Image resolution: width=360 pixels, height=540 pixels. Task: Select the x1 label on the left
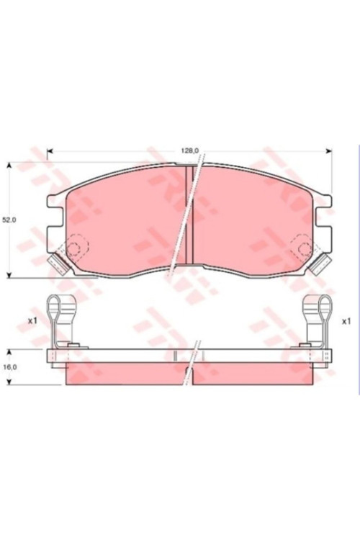(32, 320)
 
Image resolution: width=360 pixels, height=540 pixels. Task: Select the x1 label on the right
(346, 321)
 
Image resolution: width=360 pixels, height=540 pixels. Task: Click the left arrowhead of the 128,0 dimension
(50, 151)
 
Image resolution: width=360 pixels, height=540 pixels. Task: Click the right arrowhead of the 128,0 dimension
(329, 151)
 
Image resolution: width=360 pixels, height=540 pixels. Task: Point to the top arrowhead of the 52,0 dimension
(9, 166)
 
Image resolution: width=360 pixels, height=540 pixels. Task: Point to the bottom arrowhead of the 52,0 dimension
(9, 274)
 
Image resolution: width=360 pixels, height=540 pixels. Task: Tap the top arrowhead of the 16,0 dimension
(9, 352)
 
